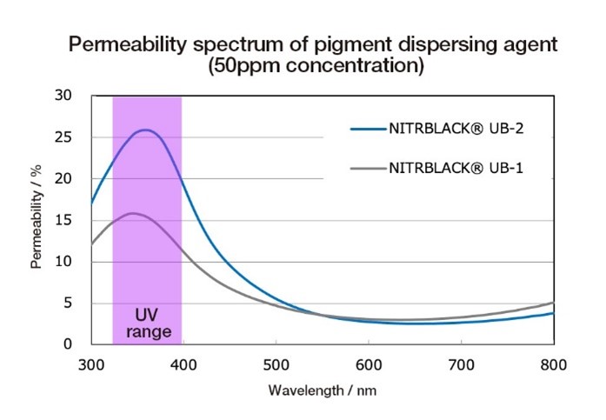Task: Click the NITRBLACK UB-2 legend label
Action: pyautogui.click(x=456, y=129)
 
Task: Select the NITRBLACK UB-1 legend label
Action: pyautogui.click(x=456, y=168)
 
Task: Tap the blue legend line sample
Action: pyautogui.click(x=369, y=129)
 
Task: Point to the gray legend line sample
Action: pyautogui.click(x=369, y=169)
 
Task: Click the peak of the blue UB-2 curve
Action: pyautogui.click(x=146, y=130)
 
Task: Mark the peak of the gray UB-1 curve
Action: pyautogui.click(x=133, y=213)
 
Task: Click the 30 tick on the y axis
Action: pyautogui.click(x=63, y=95)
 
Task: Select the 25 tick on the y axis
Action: pyautogui.click(x=63, y=137)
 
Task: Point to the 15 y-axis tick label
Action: pyautogui.click(x=63, y=220)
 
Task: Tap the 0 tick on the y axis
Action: pyautogui.click(x=68, y=343)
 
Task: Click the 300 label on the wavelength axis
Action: pyautogui.click(x=91, y=365)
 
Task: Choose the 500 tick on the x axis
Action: pyautogui.click(x=276, y=365)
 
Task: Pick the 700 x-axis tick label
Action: pyautogui.click(x=461, y=365)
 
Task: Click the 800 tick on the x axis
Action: pyautogui.click(x=554, y=365)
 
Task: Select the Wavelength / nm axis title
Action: pyautogui.click(x=323, y=390)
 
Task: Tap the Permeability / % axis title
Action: pyautogui.click(x=37, y=217)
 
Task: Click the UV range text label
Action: pyautogui.click(x=149, y=323)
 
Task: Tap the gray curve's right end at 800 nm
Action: pyautogui.click(x=554, y=303)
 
